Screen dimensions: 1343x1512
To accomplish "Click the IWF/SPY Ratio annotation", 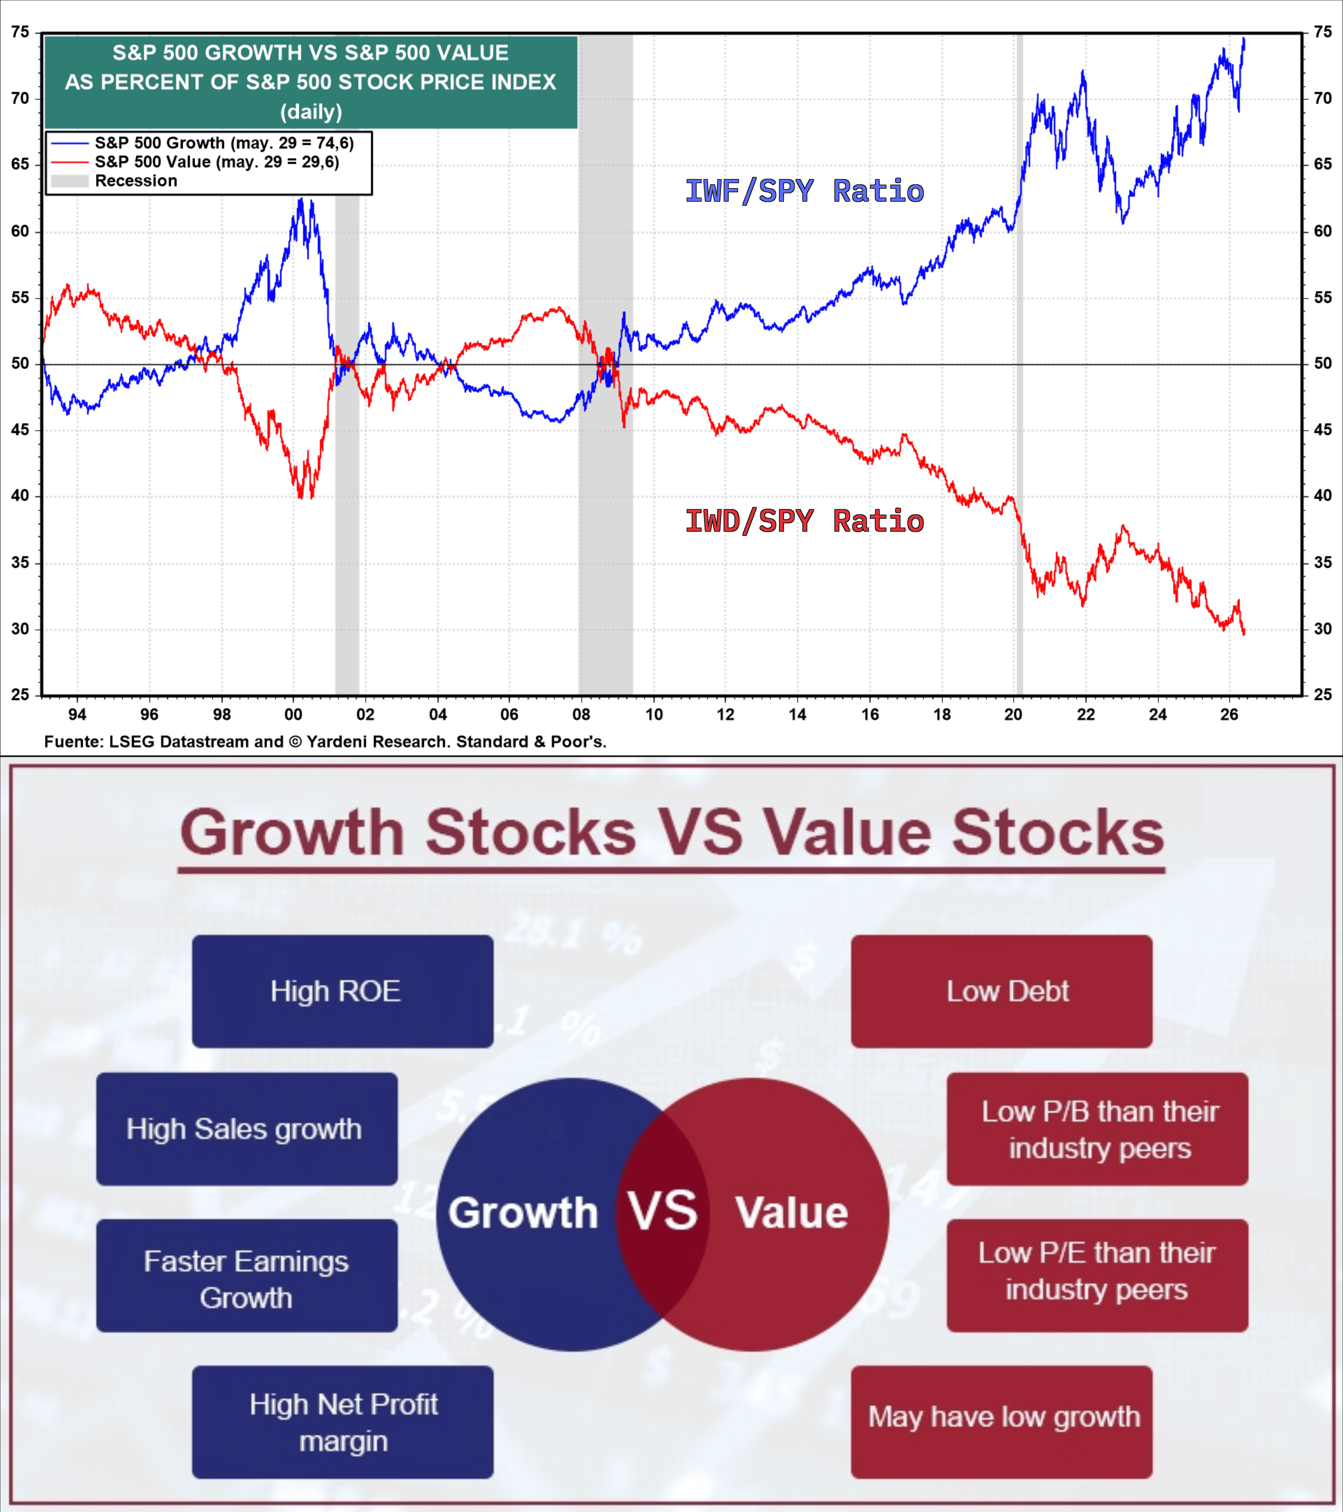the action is [x=805, y=191].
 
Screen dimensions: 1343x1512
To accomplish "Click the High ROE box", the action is [x=343, y=991].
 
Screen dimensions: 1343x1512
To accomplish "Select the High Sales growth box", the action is [x=247, y=1129].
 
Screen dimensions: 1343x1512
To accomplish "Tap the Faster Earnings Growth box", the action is [x=247, y=1275].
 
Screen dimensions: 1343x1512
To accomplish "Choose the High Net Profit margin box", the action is [x=343, y=1422].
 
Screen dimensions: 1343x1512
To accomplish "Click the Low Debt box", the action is [x=1001, y=991].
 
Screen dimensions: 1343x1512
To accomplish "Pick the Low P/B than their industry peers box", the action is [x=1098, y=1129].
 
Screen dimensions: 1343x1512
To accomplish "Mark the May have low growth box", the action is [x=1001, y=1422].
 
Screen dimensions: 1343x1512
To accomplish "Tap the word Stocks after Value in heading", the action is [x=1057, y=832].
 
